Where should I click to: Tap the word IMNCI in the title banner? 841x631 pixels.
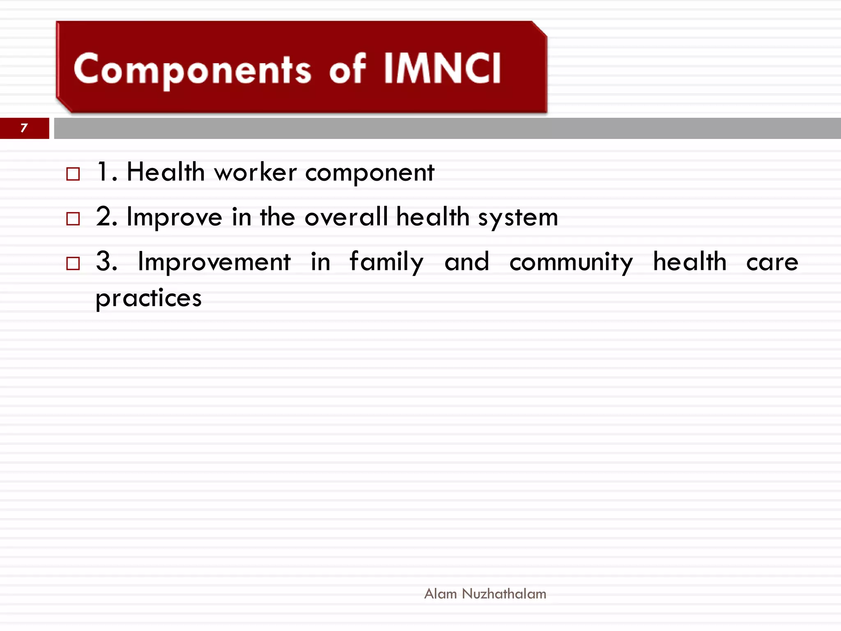(442, 68)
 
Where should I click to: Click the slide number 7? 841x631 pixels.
(24, 128)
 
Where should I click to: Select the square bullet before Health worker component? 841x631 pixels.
(73, 174)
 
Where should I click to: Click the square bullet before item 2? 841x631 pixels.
(73, 219)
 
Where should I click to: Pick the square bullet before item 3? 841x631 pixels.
(73, 263)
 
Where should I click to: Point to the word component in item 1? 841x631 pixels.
(369, 173)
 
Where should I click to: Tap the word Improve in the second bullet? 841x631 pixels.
(174, 217)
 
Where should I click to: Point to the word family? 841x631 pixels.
(386, 262)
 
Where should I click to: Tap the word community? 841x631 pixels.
(571, 262)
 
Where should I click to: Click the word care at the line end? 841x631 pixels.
(772, 262)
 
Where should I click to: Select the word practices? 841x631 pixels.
(149, 298)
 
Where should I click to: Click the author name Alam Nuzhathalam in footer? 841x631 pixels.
(485, 594)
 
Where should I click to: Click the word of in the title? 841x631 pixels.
(347, 69)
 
